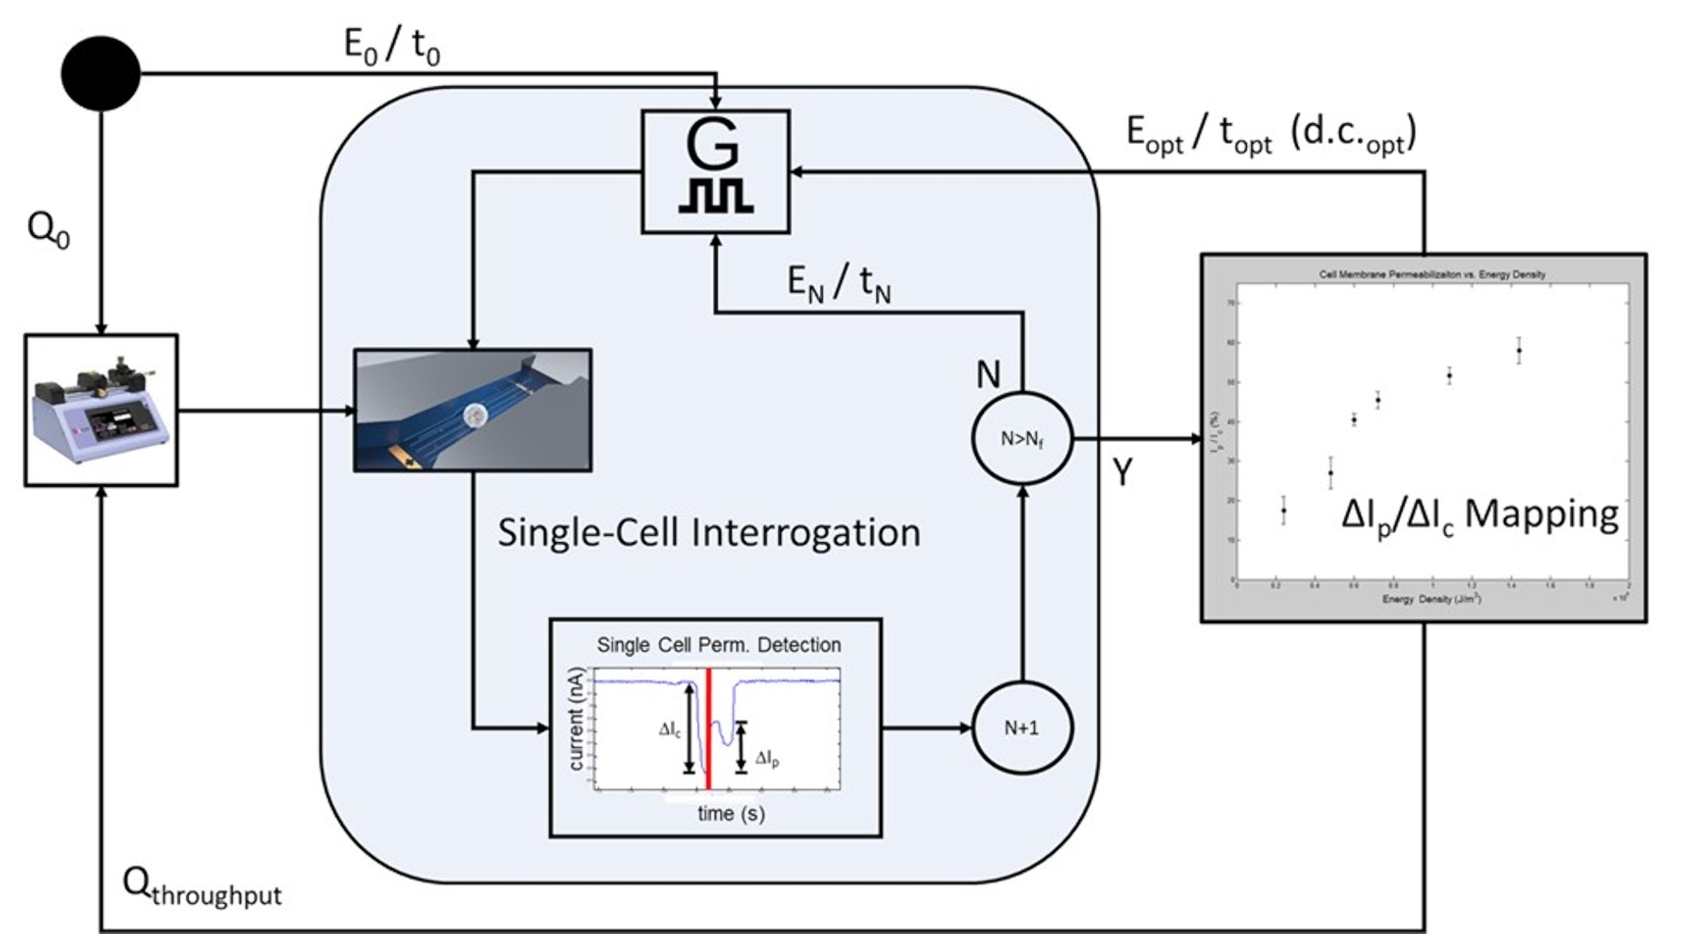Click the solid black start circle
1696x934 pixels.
click(101, 73)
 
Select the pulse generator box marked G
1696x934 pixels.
click(715, 171)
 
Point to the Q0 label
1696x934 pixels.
click(48, 229)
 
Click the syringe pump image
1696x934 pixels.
click(101, 410)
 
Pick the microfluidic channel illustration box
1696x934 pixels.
click(472, 410)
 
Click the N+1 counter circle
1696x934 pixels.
click(1022, 728)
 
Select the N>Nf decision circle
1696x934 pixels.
click(1022, 439)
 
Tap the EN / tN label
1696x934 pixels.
click(839, 283)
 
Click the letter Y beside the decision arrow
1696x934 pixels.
click(1122, 472)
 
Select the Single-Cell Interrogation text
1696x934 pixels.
click(708, 532)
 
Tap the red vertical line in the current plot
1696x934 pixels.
click(708, 729)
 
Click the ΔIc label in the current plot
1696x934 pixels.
click(670, 730)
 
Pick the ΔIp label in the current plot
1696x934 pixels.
click(767, 758)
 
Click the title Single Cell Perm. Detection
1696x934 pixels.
click(719, 644)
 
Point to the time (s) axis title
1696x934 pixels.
click(731, 813)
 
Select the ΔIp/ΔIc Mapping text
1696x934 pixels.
click(1480, 514)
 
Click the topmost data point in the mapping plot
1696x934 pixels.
click(1518, 350)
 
